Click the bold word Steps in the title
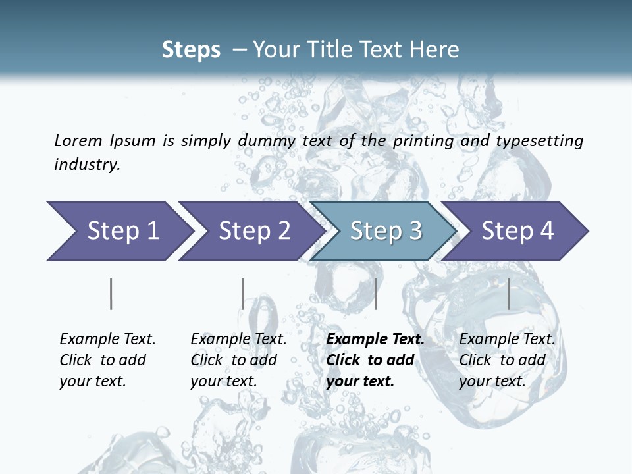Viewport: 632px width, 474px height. [x=191, y=50]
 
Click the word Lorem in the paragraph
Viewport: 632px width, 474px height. [x=78, y=141]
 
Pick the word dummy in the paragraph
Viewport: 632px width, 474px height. [x=267, y=141]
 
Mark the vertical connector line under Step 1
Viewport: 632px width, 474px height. [x=111, y=294]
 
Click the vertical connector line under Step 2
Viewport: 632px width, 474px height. [x=243, y=294]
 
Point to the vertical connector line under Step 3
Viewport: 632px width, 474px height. [x=375, y=294]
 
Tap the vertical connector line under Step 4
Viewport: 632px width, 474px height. [x=509, y=294]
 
